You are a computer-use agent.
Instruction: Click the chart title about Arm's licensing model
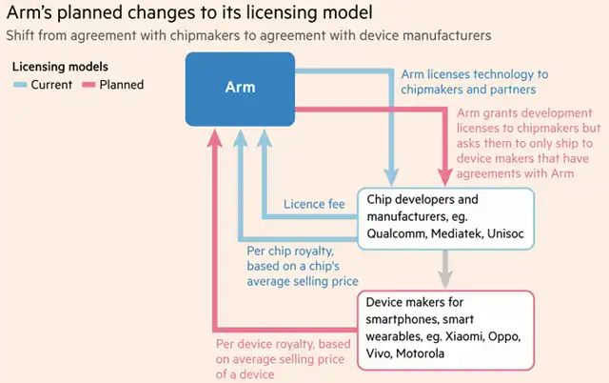[187, 13]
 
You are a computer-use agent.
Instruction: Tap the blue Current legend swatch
[20, 85]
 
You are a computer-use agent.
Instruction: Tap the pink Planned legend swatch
[89, 85]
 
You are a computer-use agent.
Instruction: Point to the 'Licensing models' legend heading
[61, 67]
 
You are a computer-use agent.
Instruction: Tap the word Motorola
[426, 354]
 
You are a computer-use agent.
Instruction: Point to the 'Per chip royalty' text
[294, 250]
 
